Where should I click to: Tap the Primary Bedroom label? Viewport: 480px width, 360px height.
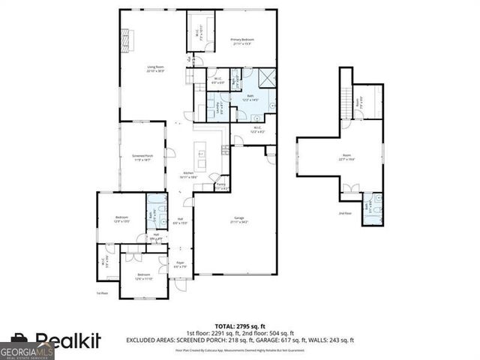[241, 40]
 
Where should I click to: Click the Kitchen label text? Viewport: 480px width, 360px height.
[189, 175]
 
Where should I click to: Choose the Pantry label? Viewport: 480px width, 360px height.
[220, 186]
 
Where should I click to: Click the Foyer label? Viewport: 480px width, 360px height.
[180, 265]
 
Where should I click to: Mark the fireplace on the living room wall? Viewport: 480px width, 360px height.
[124, 37]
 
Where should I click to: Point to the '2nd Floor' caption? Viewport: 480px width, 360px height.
[345, 214]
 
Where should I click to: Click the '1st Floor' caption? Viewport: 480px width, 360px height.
[103, 293]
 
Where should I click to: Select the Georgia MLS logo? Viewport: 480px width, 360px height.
[27, 351]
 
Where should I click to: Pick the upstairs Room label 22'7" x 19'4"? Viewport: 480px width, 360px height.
[346, 158]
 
